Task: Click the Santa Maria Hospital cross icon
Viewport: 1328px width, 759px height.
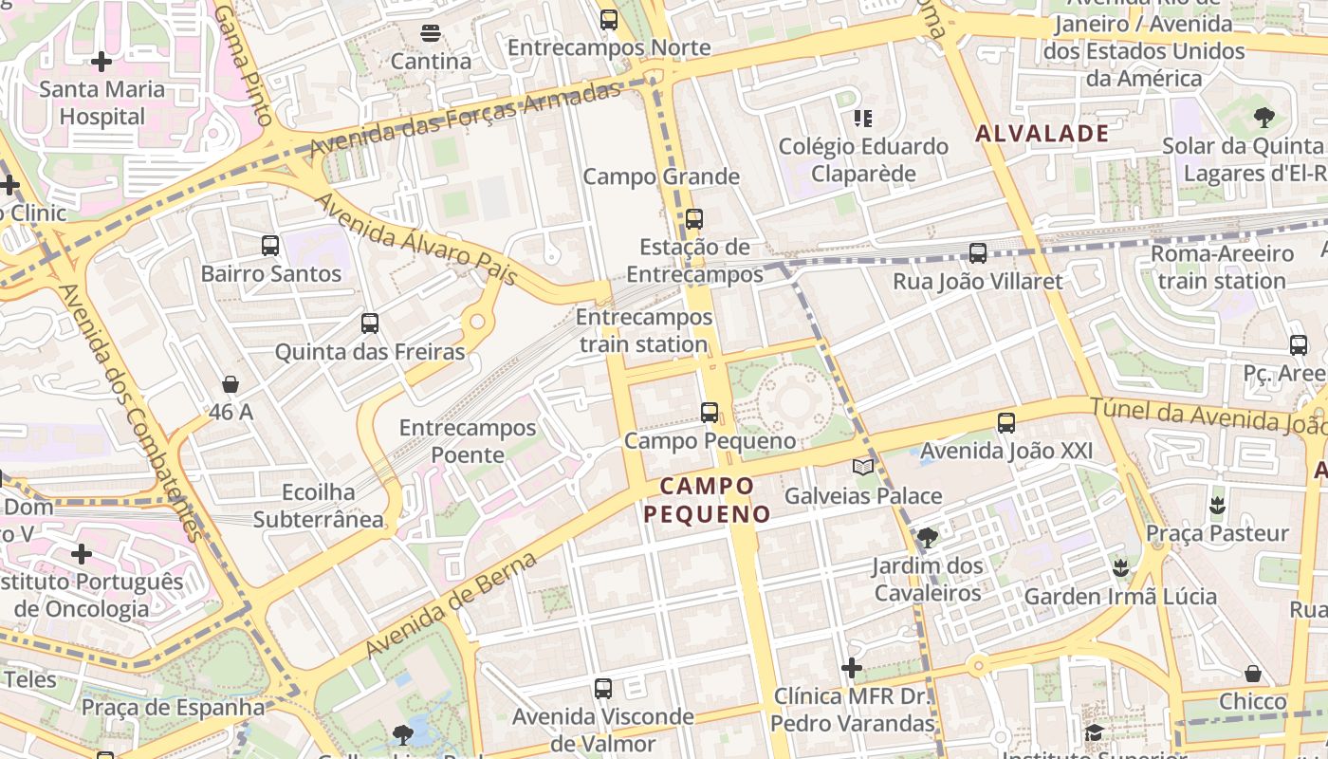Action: (x=101, y=63)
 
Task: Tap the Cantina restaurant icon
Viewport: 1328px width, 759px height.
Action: (x=430, y=33)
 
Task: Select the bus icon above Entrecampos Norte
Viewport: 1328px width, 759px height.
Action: (x=609, y=19)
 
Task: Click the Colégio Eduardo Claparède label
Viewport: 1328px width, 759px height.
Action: (x=863, y=159)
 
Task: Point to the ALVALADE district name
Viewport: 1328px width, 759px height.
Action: (x=1042, y=134)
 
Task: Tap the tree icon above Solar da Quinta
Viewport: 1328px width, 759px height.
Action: (x=1263, y=118)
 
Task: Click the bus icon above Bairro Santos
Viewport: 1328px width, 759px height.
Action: (x=270, y=246)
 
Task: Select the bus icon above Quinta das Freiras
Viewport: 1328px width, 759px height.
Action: (x=370, y=324)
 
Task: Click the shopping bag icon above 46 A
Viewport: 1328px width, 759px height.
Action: (x=231, y=384)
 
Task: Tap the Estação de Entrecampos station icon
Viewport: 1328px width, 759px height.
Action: (x=694, y=219)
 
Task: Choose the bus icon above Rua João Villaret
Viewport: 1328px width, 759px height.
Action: (x=978, y=253)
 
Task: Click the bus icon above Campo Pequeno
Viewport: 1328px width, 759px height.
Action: (x=710, y=413)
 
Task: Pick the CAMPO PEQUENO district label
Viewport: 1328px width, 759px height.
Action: (x=708, y=500)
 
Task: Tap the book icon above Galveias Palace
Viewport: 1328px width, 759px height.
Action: (x=862, y=467)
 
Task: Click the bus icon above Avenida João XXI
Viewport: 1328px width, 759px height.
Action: (x=1006, y=422)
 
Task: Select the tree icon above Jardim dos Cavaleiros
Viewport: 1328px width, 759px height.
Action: (x=928, y=538)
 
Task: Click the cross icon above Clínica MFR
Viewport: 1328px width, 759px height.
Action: (x=852, y=668)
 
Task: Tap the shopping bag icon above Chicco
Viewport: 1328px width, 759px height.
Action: (x=1253, y=674)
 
